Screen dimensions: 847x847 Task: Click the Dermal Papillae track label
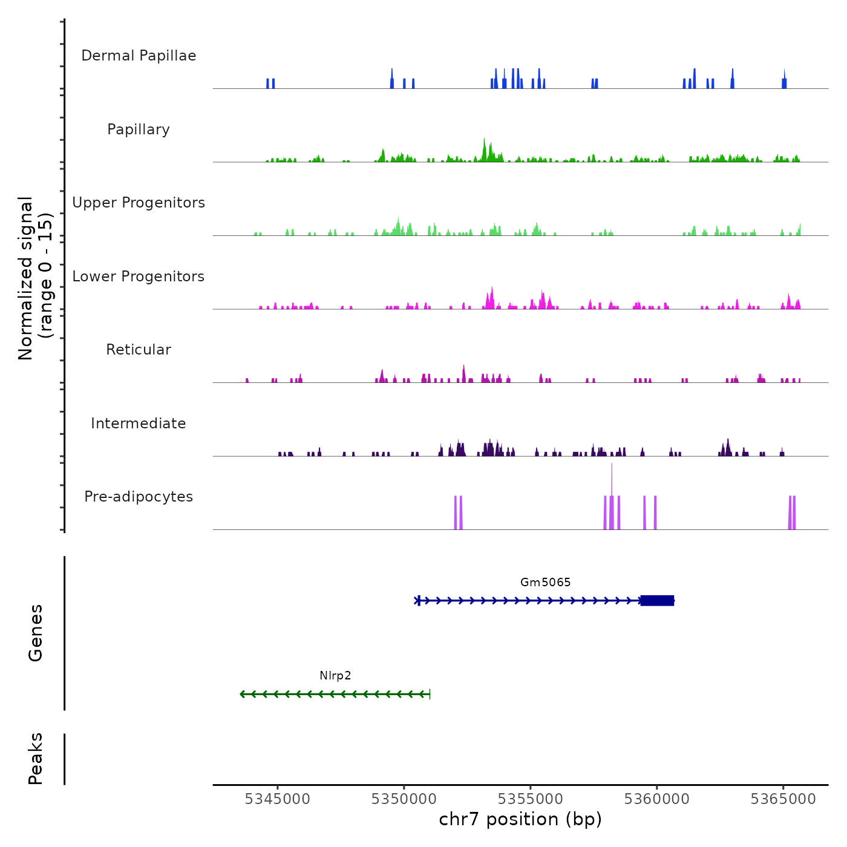139,56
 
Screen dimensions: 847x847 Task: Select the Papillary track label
139,129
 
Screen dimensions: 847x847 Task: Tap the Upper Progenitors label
139,203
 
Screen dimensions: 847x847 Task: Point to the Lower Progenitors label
139,276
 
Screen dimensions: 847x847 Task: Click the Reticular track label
139,350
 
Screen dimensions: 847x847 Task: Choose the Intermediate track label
139,423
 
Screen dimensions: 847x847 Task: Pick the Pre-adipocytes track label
139,497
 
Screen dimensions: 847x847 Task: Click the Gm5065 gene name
545,583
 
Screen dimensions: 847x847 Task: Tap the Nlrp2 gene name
335,676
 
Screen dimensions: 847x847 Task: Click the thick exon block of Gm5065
657,600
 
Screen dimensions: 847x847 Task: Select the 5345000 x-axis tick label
278,799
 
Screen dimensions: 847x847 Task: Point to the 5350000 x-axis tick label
404,799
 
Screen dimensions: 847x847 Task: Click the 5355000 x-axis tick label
531,799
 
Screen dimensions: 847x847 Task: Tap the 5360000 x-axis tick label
657,799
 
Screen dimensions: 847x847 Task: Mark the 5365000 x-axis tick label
783,799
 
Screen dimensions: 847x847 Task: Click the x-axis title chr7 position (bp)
520,820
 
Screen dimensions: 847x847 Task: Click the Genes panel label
36,633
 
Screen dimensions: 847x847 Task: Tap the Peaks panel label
36,759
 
